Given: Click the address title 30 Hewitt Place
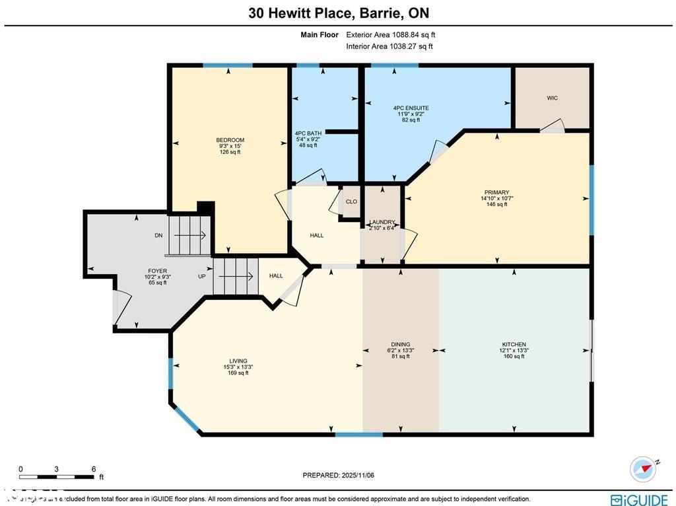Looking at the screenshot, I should tap(338, 13).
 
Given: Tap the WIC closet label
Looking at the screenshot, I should tap(552, 98).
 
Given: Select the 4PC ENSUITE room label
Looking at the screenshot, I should tap(411, 108).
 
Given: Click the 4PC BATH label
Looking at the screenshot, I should tap(308, 133).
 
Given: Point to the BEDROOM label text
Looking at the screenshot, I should tap(230, 140).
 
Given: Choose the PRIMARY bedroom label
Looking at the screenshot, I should tap(495, 193).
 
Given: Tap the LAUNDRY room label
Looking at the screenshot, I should tap(382, 223).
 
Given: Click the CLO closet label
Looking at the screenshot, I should tap(351, 201).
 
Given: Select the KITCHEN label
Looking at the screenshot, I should tap(514, 344).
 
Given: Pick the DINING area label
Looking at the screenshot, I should tap(400, 344).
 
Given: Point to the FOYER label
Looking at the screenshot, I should tap(157, 271).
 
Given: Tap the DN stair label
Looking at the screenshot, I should tap(158, 235).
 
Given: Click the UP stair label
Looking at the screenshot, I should tap(202, 276).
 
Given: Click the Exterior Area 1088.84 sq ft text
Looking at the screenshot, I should tap(390, 34).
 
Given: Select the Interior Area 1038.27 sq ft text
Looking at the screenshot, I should tap(389, 46).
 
